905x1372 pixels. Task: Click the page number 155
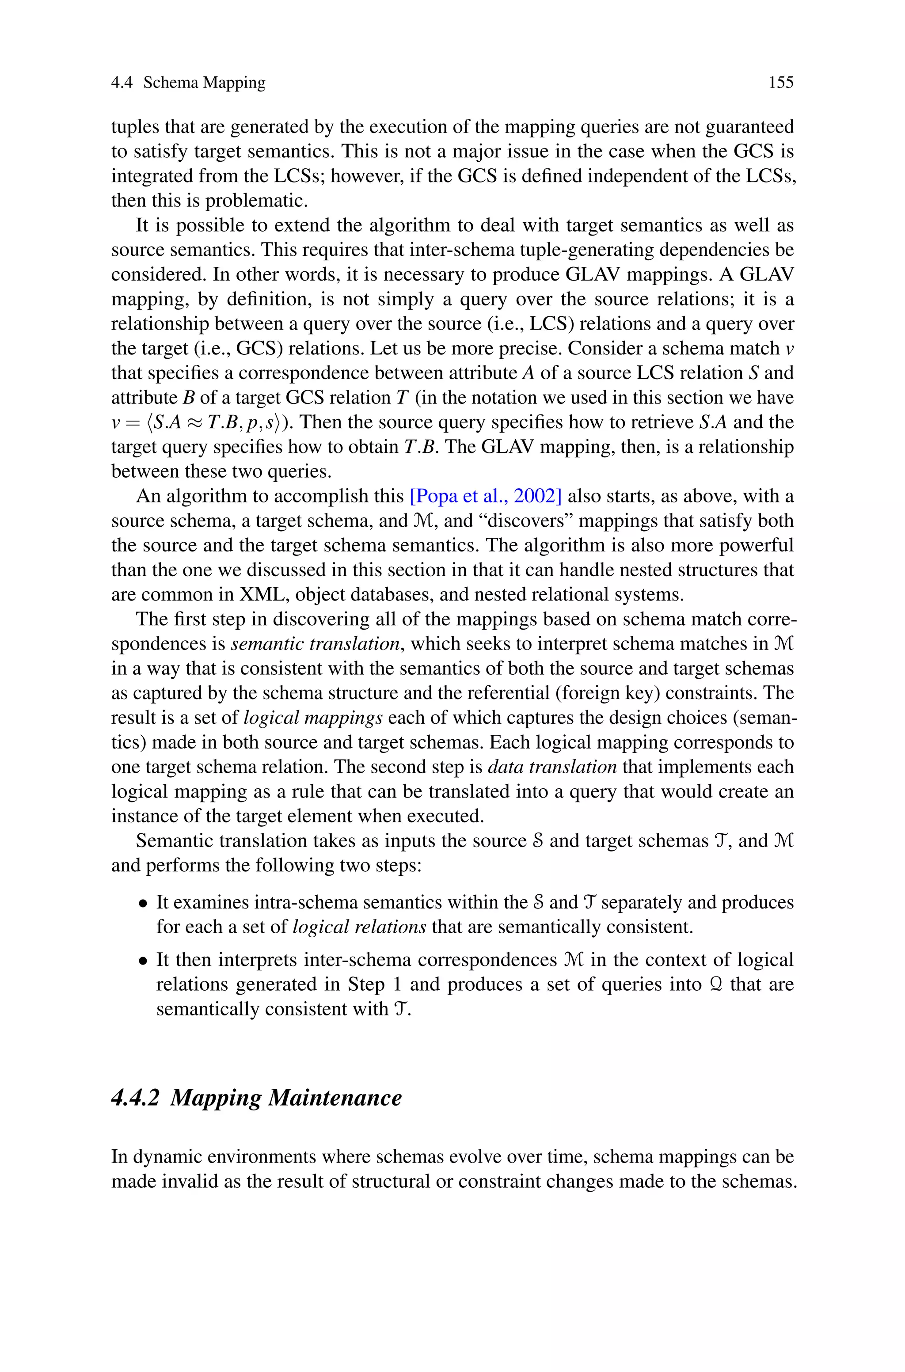point(781,83)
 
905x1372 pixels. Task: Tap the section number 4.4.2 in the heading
point(134,1097)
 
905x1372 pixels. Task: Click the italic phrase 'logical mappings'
point(313,718)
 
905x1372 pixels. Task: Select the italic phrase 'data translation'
point(552,768)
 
